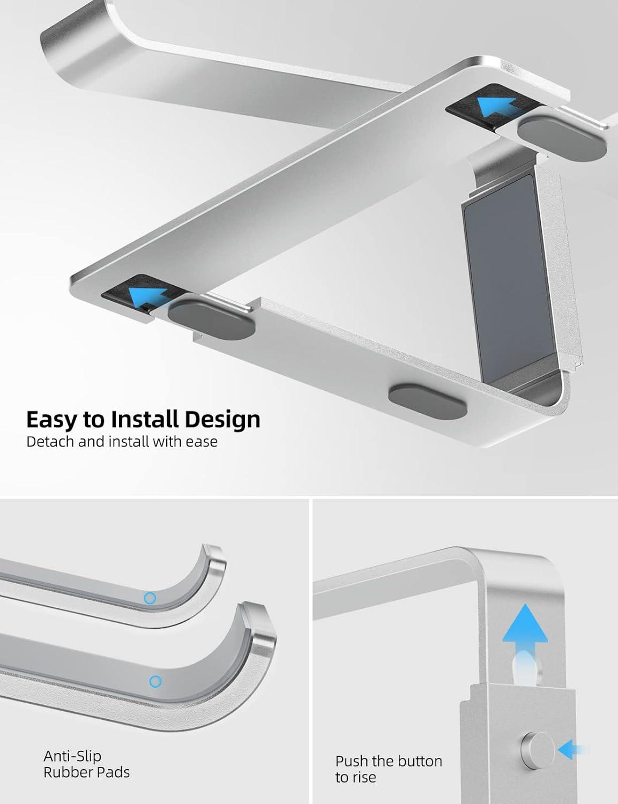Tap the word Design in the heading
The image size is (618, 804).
(x=222, y=420)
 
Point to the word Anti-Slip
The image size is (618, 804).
(x=72, y=756)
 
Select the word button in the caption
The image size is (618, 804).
(x=421, y=761)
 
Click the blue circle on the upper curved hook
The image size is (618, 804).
(x=150, y=598)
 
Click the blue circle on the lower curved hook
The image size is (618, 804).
(x=155, y=682)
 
